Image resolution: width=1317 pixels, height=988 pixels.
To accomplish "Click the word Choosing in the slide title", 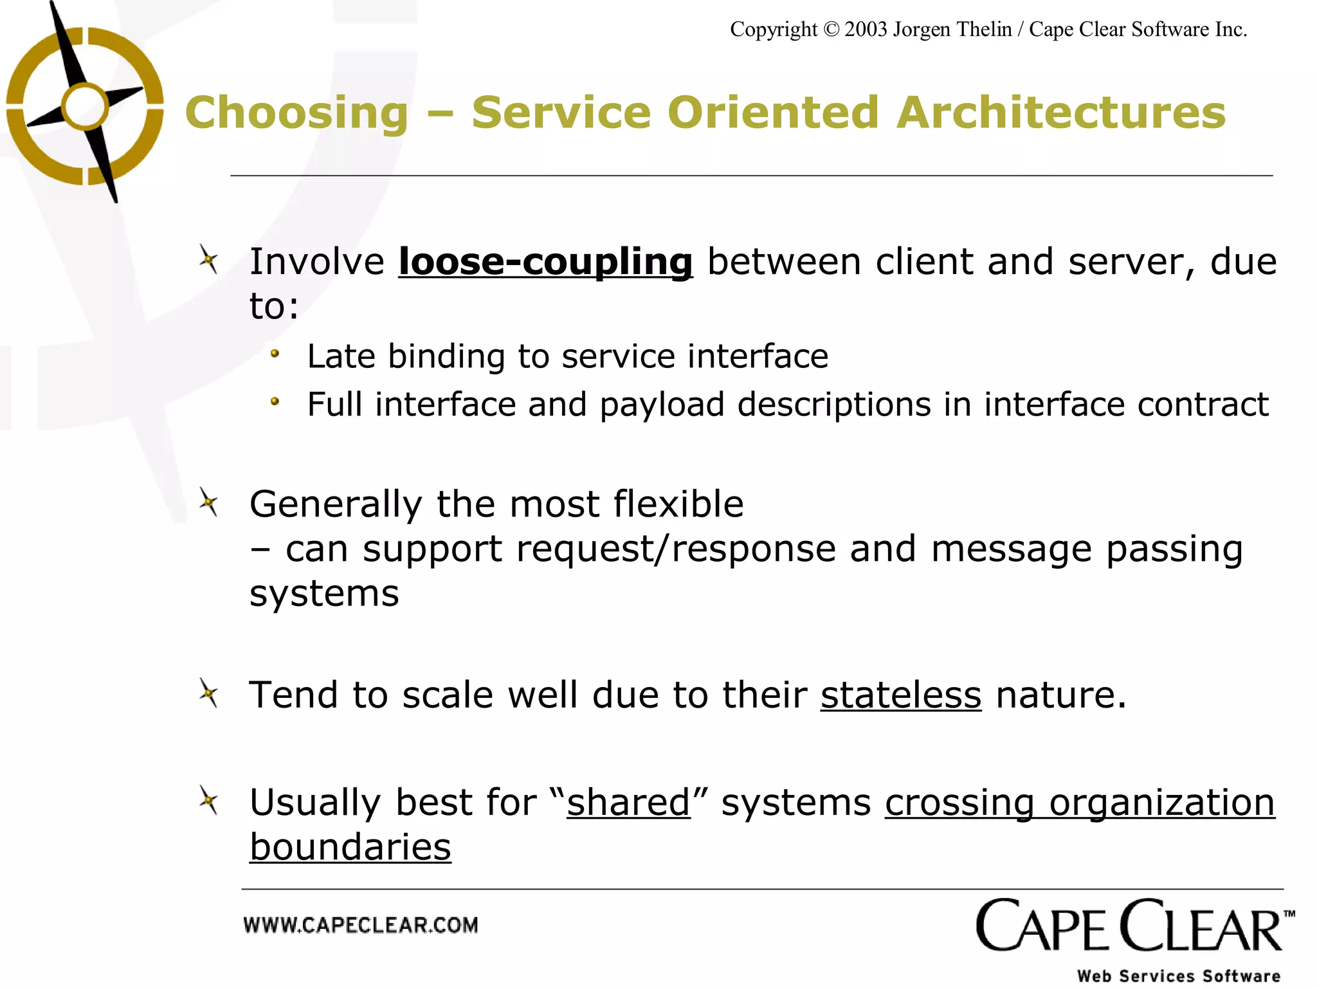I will (x=296, y=113).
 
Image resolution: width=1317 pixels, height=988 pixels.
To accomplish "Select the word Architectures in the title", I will (x=1061, y=113).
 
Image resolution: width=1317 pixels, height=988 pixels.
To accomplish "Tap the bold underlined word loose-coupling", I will (x=545, y=262).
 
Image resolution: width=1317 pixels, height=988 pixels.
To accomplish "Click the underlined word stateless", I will (x=900, y=695).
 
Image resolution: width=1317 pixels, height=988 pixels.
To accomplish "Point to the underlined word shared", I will (x=628, y=803).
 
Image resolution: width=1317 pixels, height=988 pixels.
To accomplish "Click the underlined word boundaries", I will (x=350, y=847).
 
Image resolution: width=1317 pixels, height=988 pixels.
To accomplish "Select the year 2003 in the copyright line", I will (x=866, y=30).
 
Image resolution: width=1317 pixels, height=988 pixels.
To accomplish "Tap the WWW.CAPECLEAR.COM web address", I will (x=361, y=926).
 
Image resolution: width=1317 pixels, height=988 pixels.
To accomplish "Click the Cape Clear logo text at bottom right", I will (x=1129, y=928).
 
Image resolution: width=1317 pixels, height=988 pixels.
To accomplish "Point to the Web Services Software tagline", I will (x=1179, y=976).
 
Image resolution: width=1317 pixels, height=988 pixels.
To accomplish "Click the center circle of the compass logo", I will (x=85, y=107).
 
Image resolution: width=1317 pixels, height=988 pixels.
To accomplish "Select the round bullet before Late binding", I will (x=275, y=353).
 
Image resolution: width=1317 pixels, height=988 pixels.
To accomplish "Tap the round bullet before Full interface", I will (x=275, y=401).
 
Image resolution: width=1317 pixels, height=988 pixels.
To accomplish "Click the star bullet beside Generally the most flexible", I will (x=208, y=502).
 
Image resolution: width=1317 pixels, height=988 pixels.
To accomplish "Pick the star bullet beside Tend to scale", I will (x=208, y=693).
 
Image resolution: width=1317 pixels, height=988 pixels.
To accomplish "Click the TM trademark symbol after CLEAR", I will (x=1289, y=913).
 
